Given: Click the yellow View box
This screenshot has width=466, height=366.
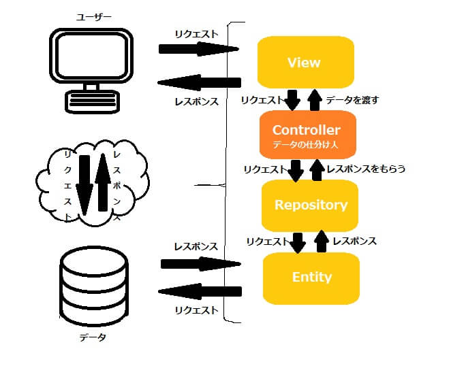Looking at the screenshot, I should click(305, 63).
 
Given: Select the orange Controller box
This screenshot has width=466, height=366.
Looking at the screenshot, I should click(306, 134).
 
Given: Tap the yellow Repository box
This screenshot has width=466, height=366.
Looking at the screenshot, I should click(311, 205).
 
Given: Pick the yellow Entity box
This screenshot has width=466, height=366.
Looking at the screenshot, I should click(311, 277).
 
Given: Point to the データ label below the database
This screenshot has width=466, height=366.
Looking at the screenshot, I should click(93, 337).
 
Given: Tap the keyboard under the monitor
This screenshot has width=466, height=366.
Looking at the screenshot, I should click(94, 102).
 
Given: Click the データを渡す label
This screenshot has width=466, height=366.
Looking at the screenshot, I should click(352, 100).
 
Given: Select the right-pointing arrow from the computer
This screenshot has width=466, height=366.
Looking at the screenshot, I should click(198, 49).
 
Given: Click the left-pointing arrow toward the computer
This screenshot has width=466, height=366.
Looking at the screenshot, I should click(198, 83).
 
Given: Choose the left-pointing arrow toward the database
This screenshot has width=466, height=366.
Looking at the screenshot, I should click(199, 291).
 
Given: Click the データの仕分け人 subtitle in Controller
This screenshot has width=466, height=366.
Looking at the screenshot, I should click(306, 144).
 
